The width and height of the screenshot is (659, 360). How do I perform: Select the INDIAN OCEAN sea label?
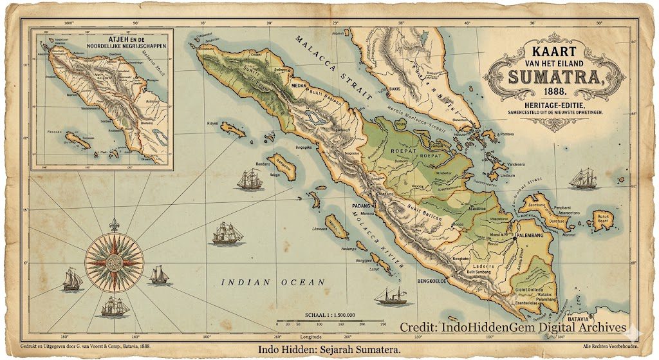click(272, 283)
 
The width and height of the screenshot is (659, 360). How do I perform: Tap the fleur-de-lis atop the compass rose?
click(115, 225)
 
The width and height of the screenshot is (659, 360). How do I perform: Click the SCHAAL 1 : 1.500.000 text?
click(329, 315)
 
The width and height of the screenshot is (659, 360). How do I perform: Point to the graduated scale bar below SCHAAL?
click(331, 321)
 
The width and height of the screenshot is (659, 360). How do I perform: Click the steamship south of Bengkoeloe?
click(394, 296)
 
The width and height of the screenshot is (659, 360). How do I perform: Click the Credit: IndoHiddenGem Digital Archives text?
click(512, 327)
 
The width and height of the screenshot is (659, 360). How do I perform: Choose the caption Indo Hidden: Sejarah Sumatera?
click(329, 350)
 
